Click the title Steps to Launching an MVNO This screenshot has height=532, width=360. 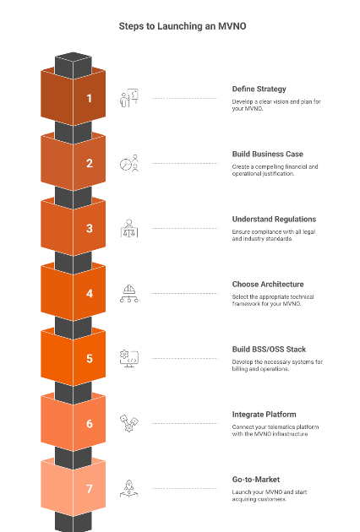[x=183, y=26]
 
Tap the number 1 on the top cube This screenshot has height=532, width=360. [x=89, y=99]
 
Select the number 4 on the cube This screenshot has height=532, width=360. [x=90, y=294]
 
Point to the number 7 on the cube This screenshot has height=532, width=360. [x=90, y=489]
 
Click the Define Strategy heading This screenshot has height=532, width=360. [x=259, y=89]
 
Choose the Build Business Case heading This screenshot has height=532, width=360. [x=268, y=154]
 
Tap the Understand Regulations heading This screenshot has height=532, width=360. [x=274, y=220]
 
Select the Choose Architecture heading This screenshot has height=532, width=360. [x=268, y=285]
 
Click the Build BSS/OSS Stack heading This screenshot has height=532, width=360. [x=269, y=350]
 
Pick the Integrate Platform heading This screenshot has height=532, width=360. [x=265, y=415]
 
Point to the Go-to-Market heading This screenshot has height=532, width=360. [x=256, y=480]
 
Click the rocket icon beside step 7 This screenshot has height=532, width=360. [x=129, y=489]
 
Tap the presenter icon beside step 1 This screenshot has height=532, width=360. [x=129, y=98]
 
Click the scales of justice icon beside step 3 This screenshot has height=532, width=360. [x=129, y=228]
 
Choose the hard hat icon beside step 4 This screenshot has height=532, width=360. [x=129, y=294]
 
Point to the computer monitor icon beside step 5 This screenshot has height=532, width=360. [x=129, y=359]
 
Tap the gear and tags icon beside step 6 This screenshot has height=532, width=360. [x=129, y=423]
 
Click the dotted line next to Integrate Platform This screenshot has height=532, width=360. [x=185, y=423]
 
